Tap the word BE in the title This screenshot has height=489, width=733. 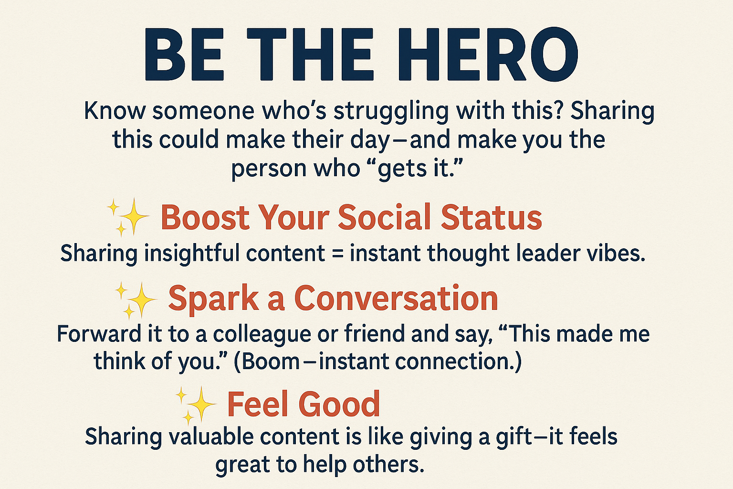click(x=185, y=54)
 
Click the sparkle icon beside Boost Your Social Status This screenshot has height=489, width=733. click(x=128, y=217)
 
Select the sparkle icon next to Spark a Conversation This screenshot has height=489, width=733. click(x=136, y=300)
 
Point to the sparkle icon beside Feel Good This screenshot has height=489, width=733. click(x=196, y=405)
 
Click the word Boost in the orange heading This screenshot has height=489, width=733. click(x=205, y=217)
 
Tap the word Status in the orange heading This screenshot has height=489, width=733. click(x=491, y=217)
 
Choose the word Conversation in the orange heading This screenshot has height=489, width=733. click(x=396, y=299)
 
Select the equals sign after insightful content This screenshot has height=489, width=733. click(x=337, y=254)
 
